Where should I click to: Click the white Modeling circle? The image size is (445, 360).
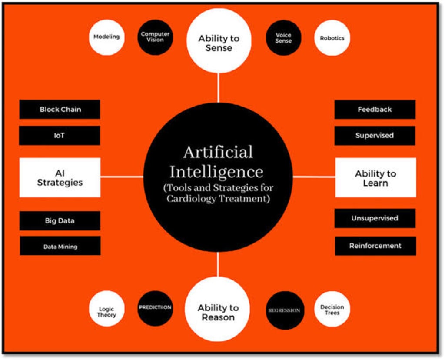coord(106,37)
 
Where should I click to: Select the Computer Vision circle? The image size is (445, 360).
coord(155,37)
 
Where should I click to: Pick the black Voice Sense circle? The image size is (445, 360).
coord(283,38)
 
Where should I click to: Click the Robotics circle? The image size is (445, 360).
coord(332,38)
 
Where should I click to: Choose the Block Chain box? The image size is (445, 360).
coord(60,109)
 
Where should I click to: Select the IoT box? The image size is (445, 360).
coord(60,135)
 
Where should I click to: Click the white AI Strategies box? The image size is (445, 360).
coord(60,177)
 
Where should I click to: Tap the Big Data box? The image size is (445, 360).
coord(60,220)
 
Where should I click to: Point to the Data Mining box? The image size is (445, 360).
coord(60,246)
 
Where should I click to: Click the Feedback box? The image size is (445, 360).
coord(375,110)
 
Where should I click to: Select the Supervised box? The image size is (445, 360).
coord(375,135)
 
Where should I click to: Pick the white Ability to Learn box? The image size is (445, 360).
coord(375,177)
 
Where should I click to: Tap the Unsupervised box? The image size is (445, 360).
coord(375,218)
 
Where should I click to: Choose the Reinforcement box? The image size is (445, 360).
coord(375,246)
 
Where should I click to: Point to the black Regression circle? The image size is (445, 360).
coord(284,310)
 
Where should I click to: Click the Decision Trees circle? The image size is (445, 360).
coord(332,309)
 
